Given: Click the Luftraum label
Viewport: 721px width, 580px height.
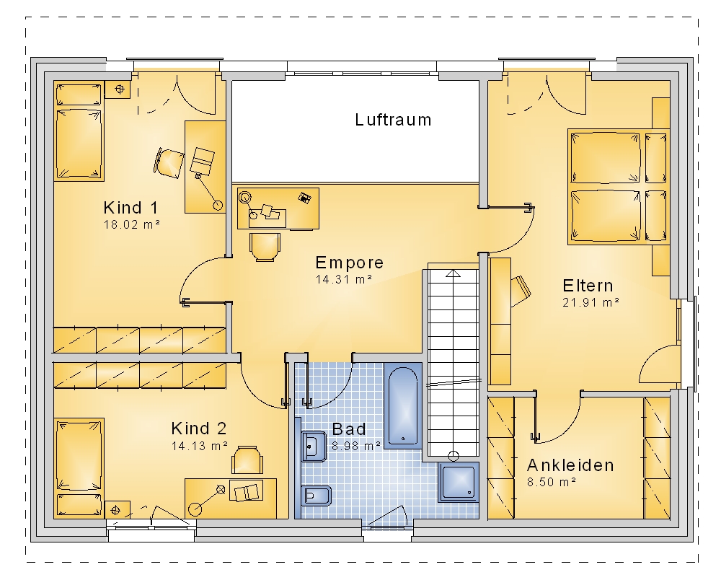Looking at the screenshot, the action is [393, 120].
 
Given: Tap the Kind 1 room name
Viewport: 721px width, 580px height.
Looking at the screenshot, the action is [131, 208].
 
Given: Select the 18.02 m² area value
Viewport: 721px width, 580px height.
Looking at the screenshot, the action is [132, 224].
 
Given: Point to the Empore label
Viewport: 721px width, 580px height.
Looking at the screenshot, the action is [350, 263].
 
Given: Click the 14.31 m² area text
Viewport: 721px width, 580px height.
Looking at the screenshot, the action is [343, 279].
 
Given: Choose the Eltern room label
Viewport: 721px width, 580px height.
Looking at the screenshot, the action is [588, 286].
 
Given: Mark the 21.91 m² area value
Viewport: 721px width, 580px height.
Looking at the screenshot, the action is [591, 302].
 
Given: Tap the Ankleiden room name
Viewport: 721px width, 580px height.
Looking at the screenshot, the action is [570, 465].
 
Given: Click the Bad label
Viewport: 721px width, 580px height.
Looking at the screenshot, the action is [349, 429].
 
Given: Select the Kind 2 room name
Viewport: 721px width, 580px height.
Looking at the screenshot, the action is [199, 429].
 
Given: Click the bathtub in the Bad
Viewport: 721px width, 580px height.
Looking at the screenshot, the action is [403, 405].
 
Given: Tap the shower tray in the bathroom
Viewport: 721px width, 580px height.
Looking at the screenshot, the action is [459, 482].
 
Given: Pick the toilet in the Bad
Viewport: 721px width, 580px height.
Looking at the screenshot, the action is [316, 496].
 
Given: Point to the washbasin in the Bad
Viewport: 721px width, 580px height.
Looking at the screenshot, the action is [314, 446].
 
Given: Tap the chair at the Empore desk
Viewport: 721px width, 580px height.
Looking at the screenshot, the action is [265, 247].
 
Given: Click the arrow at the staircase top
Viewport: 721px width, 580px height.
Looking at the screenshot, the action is [454, 273].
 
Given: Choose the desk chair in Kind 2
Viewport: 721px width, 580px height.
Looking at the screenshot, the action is [247, 460].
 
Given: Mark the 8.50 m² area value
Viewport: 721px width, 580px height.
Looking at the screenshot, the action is [552, 482].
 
